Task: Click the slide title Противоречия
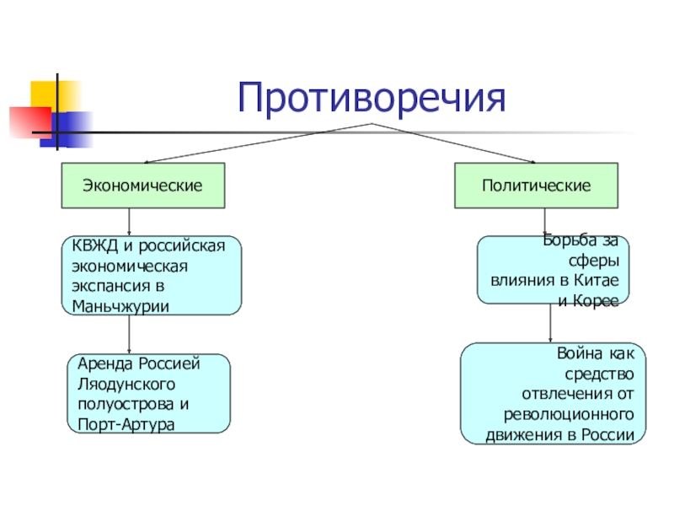372,98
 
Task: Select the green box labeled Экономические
143,186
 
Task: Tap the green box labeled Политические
537,186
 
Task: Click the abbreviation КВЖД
94,245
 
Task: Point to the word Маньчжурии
120,306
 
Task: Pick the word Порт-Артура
126,425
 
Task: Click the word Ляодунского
126,385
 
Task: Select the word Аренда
104,364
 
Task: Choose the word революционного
569,415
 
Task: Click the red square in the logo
30,122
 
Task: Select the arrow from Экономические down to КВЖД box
129,222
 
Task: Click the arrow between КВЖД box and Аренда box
129,334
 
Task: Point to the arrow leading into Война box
550,323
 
